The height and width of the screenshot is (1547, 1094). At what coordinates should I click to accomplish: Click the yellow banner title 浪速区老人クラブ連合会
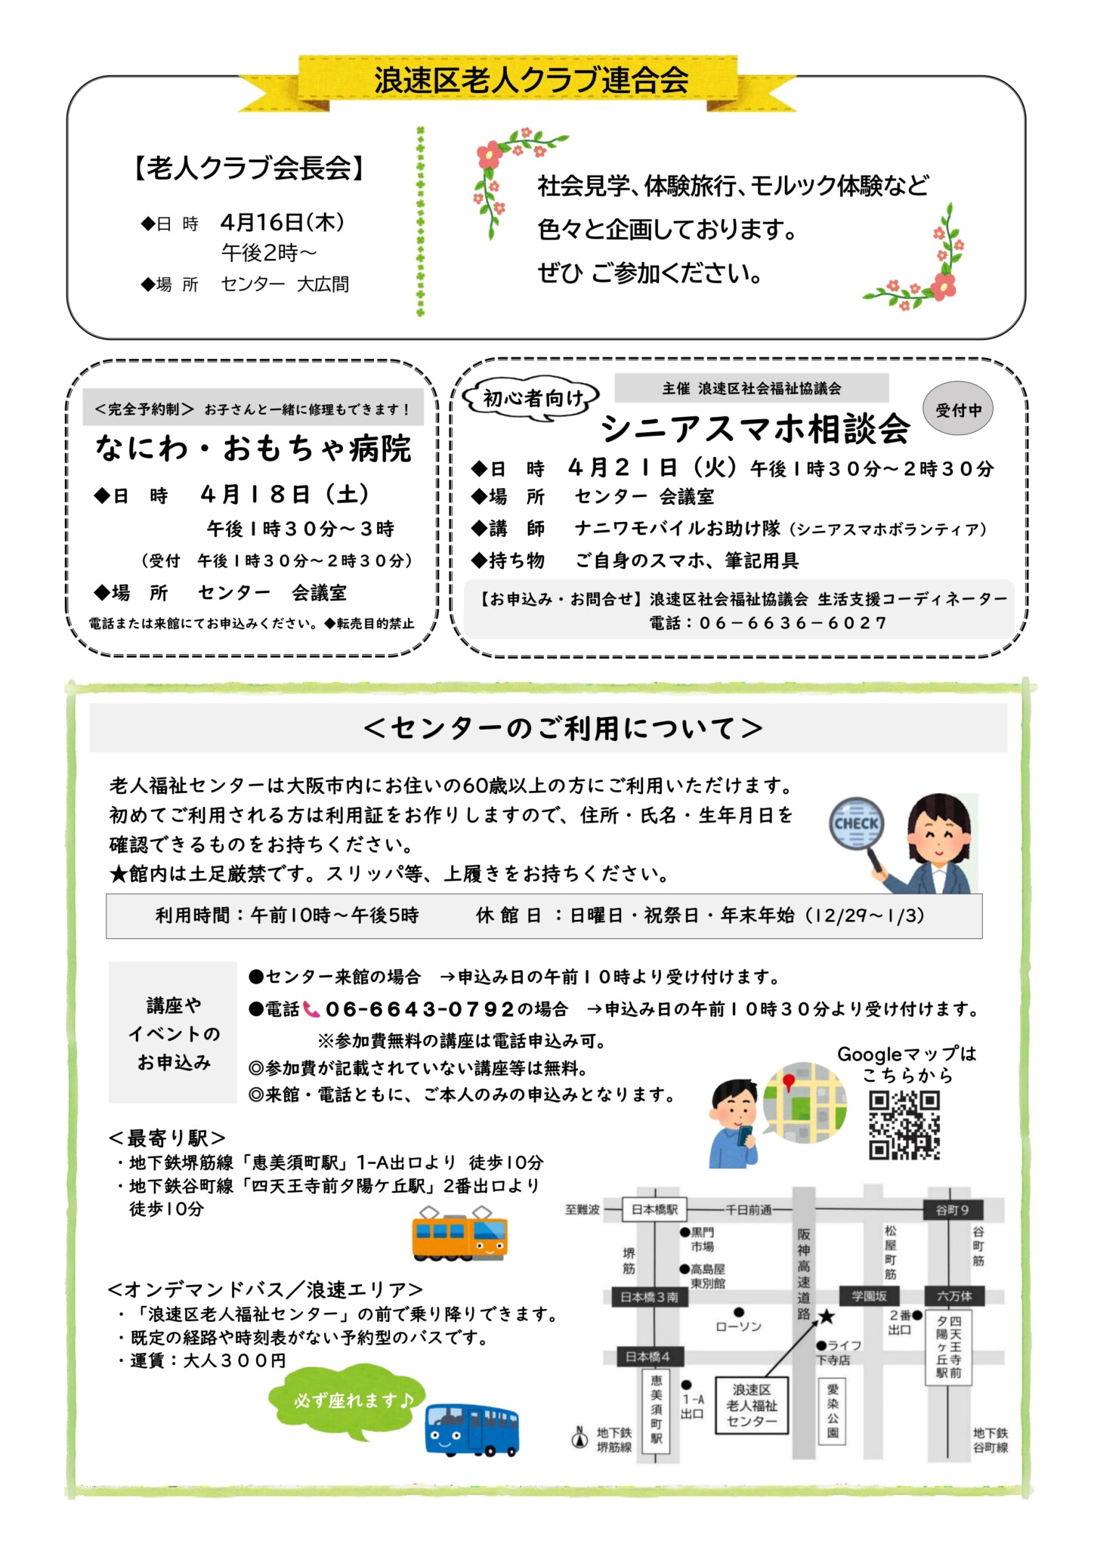click(x=531, y=81)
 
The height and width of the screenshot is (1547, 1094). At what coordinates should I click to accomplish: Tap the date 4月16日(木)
click(x=283, y=222)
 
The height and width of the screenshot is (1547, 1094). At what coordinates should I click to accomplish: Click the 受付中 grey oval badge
click(x=958, y=409)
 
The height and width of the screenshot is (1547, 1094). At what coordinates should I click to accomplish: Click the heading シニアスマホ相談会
click(x=754, y=429)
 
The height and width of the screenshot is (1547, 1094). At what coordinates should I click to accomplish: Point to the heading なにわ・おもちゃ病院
click(x=253, y=449)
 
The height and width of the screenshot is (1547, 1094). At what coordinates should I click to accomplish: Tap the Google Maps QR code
click(x=904, y=1124)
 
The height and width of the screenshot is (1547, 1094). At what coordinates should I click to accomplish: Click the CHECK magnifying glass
click(x=857, y=824)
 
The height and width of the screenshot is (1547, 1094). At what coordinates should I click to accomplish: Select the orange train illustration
click(x=459, y=1234)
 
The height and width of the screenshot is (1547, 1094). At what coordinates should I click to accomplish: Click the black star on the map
click(x=827, y=1317)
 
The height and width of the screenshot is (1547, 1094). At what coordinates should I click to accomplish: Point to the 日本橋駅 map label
click(x=654, y=1209)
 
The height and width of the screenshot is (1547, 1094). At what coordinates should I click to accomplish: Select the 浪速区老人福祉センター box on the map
click(x=751, y=1405)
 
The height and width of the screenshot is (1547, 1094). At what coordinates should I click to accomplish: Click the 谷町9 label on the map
click(x=952, y=1210)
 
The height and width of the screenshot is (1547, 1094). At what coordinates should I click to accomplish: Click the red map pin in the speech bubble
click(x=790, y=1082)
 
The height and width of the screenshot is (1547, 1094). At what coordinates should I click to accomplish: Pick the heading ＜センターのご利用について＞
click(x=562, y=728)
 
